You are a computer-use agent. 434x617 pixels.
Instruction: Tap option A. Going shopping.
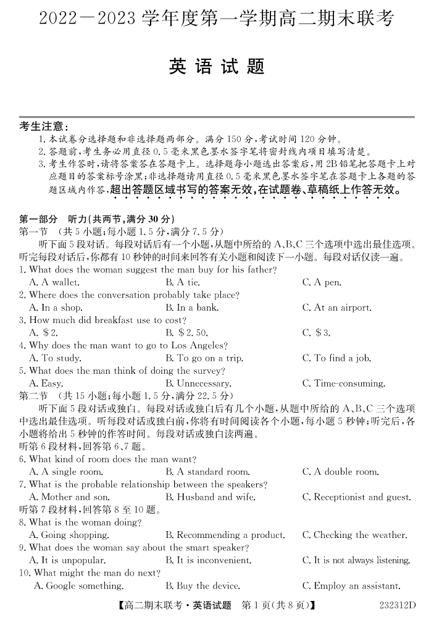(64, 535)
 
